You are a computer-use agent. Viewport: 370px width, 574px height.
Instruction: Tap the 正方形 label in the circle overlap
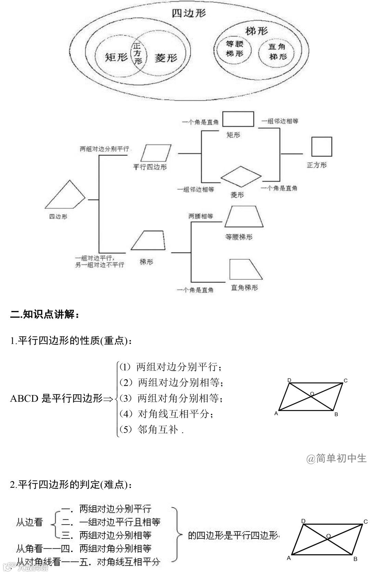138,53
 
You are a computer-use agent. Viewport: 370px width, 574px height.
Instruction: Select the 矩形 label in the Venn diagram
116,57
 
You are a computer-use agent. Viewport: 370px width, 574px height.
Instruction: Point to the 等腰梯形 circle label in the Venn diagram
235,49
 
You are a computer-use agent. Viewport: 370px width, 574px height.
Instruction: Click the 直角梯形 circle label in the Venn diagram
277,52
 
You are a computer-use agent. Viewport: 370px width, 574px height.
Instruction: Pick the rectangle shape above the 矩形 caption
238,119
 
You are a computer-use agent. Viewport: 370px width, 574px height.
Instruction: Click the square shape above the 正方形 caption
322,146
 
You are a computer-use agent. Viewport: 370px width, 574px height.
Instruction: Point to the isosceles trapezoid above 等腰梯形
244,217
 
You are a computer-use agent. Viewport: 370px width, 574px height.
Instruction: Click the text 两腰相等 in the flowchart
201,216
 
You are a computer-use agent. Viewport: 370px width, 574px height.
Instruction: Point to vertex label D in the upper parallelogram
289,380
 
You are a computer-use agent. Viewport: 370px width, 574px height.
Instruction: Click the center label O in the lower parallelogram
328,536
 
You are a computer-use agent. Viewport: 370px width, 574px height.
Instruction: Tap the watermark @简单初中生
336,458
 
